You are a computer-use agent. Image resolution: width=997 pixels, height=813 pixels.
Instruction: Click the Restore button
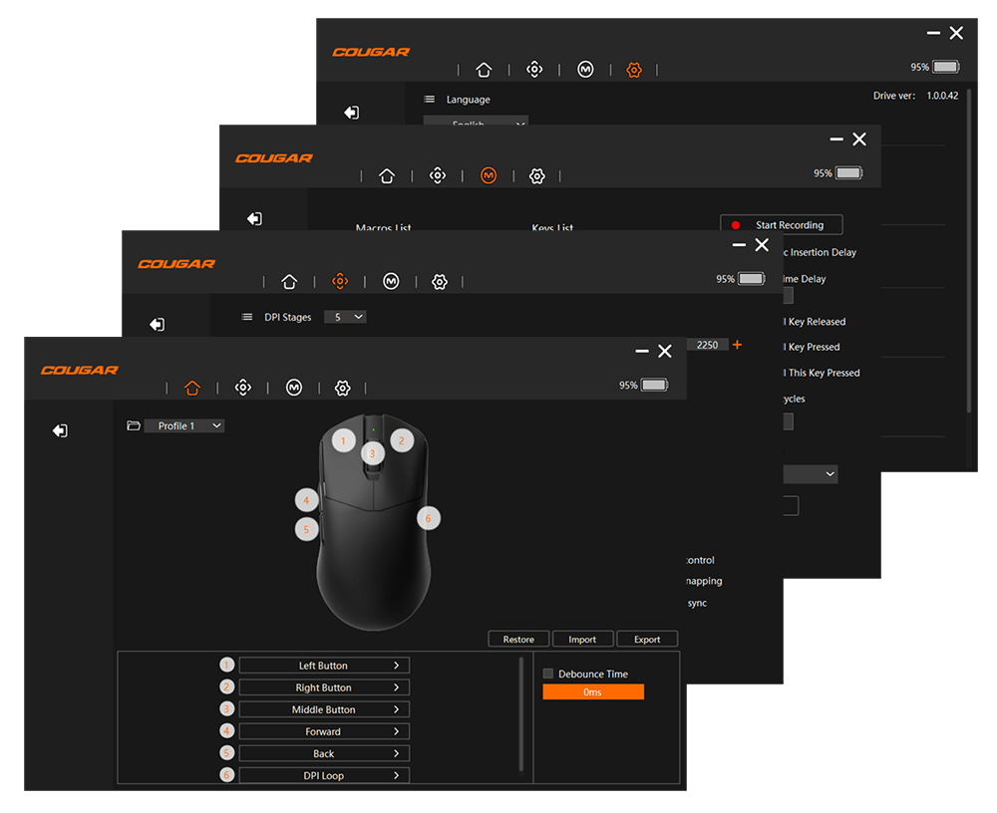tap(518, 640)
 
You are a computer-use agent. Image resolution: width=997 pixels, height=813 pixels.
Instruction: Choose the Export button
tap(647, 640)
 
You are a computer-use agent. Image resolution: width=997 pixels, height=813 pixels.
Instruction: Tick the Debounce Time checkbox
tap(548, 675)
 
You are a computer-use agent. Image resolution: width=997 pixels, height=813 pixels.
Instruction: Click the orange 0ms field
tap(593, 692)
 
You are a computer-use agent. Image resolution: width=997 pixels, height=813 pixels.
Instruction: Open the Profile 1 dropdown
tap(184, 426)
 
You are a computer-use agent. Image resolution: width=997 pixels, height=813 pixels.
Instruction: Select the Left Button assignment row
tap(324, 666)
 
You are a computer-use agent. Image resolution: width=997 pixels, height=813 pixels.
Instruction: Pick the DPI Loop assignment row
tap(324, 776)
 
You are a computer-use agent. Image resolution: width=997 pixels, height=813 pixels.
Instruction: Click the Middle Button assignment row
tap(324, 710)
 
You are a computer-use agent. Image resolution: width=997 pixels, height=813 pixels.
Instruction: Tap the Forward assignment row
tap(324, 732)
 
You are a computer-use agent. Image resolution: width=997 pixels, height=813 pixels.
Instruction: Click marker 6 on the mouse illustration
tap(428, 518)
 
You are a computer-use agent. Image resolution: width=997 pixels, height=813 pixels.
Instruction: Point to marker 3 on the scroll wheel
tap(372, 453)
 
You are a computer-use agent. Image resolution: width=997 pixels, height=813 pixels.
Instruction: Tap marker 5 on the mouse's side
tap(306, 529)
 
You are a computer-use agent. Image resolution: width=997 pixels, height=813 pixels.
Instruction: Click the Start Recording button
tap(782, 225)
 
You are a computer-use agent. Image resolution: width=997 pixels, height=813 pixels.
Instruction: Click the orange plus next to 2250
tap(737, 345)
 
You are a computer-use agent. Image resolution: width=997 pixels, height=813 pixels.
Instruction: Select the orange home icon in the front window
tap(192, 388)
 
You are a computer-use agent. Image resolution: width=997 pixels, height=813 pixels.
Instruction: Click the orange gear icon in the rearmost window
tap(633, 70)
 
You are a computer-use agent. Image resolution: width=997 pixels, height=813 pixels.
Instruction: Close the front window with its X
tap(665, 351)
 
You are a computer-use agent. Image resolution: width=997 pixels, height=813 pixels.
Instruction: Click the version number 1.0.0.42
tap(942, 96)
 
